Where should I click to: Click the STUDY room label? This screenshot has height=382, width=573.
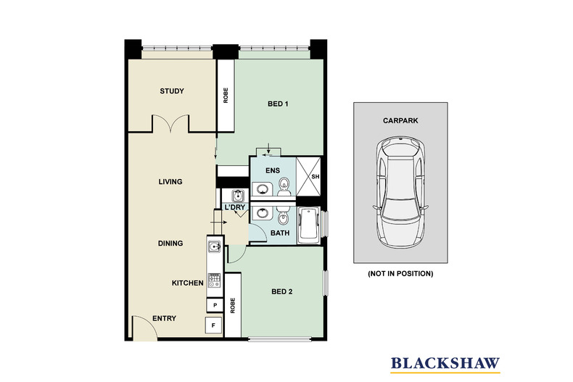[x=172, y=91]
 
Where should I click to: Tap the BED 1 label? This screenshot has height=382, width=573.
[x=278, y=104]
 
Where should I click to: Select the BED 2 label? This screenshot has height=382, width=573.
[x=281, y=291]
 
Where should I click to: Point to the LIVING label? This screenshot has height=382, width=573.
[x=170, y=181]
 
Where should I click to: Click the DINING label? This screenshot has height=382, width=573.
[x=170, y=244]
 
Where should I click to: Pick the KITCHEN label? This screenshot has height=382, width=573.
[x=187, y=283]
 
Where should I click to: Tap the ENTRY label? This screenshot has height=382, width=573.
[x=164, y=318]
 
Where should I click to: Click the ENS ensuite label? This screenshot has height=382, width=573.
[x=273, y=170]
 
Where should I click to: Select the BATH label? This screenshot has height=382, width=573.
[x=280, y=233]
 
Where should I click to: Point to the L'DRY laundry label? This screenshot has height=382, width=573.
[x=234, y=207]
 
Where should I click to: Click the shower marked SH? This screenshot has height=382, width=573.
[x=308, y=176]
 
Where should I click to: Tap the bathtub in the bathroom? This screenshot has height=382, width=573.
[x=309, y=225]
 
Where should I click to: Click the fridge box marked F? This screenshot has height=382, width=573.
[x=214, y=325]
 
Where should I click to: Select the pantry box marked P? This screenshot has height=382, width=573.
[x=215, y=305]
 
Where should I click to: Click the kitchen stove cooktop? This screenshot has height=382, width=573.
[x=215, y=280]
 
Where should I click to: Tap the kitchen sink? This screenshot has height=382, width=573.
[x=215, y=247]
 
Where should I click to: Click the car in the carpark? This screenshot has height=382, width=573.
[x=400, y=192]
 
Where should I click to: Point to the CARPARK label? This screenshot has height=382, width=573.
[x=400, y=120]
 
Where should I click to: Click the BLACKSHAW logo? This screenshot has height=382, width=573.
[x=445, y=365]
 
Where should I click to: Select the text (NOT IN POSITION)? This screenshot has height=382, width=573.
[x=400, y=273]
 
